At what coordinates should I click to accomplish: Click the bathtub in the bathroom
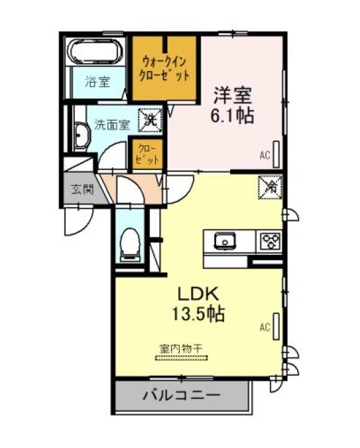(x=95, y=52)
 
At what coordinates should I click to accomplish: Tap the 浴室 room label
(x=97, y=82)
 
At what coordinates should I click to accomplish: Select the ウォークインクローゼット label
(x=164, y=68)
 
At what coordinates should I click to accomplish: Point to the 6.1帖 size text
(x=233, y=115)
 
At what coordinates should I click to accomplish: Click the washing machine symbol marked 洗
(x=150, y=119)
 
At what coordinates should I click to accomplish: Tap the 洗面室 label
(x=112, y=125)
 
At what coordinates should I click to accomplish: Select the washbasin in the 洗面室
(x=82, y=137)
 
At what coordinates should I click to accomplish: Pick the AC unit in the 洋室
(x=276, y=155)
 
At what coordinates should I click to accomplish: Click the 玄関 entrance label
(x=82, y=189)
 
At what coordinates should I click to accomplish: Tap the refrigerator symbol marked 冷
(x=270, y=187)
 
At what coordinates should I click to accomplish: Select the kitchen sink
(x=225, y=241)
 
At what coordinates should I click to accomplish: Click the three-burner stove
(x=271, y=241)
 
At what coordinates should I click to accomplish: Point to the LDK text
(x=199, y=294)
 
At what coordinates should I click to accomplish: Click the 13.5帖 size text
(x=198, y=314)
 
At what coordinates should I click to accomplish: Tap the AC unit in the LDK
(x=276, y=327)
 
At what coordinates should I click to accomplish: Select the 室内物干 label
(x=181, y=348)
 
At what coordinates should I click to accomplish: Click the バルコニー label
(x=182, y=395)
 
